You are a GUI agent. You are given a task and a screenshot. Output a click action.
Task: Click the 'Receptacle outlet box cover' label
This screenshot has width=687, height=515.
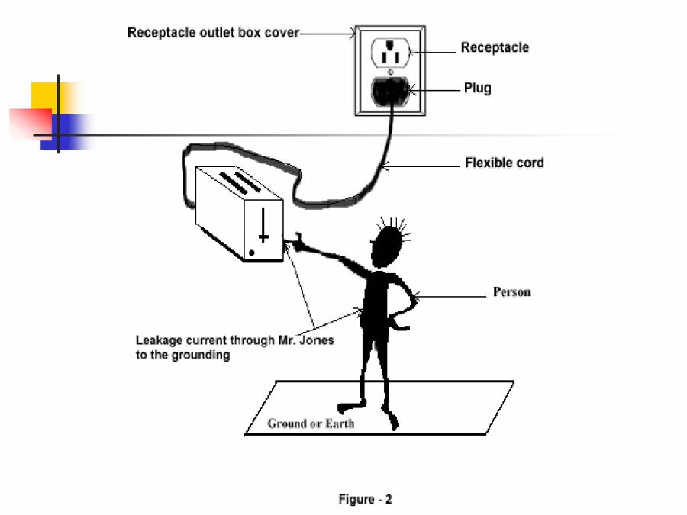[x=213, y=33]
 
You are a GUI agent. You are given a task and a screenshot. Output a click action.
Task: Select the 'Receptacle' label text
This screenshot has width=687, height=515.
[x=494, y=47]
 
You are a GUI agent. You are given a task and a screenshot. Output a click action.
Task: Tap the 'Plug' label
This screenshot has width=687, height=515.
[x=477, y=88]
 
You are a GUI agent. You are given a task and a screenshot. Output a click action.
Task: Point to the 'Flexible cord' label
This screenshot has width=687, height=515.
[x=504, y=163]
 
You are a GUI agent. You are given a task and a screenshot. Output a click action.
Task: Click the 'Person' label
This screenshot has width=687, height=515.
[x=511, y=292]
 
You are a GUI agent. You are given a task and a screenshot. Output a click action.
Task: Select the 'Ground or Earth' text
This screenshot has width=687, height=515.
[x=311, y=423]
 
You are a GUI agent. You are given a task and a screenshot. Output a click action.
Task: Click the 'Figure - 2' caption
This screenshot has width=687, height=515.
[x=365, y=500]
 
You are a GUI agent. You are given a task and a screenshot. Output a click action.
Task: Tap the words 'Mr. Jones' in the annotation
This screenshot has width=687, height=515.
[x=308, y=340]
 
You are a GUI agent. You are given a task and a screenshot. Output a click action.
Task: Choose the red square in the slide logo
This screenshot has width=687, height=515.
[x=29, y=122]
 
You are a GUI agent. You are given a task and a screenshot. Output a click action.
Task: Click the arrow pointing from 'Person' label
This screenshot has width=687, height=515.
[x=450, y=296]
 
